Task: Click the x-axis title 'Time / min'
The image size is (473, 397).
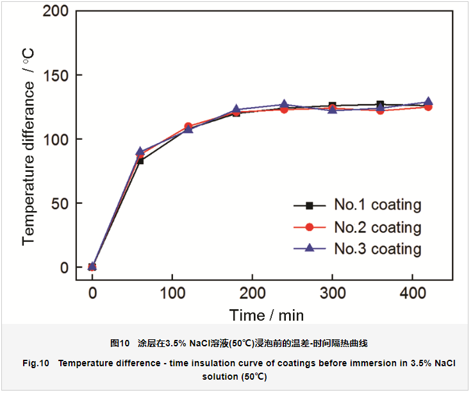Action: [x=267, y=314]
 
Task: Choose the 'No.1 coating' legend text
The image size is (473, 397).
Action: [x=378, y=205]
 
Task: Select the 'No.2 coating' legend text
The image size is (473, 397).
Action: [x=378, y=227]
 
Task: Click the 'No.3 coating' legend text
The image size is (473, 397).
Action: [x=378, y=249]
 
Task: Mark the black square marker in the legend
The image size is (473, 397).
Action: [x=309, y=205]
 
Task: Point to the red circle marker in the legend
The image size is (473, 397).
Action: [x=309, y=227]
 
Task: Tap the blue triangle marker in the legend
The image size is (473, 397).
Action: [x=309, y=248]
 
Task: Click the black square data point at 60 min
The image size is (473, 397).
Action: [x=140, y=161]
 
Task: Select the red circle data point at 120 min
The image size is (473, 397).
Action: [x=188, y=126]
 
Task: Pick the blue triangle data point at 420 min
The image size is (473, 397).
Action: [x=428, y=102]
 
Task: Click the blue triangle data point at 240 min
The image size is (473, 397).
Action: [x=284, y=105]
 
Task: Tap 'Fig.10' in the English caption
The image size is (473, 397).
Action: [x=35, y=363]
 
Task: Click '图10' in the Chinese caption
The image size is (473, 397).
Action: [x=120, y=342]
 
